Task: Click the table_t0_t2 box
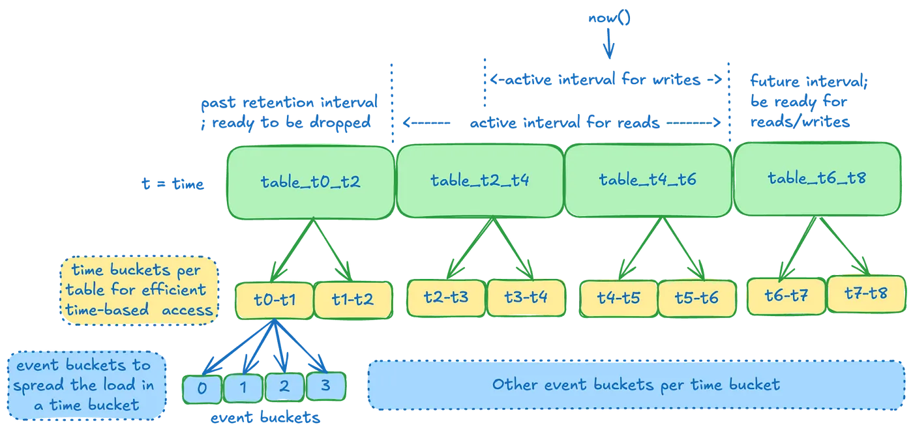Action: coord(310,182)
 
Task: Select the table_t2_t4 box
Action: coord(479,181)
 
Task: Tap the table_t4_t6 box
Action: coord(648,180)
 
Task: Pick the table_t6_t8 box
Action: coord(816,178)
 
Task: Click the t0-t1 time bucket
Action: coord(274,300)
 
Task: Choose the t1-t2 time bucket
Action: coord(353,300)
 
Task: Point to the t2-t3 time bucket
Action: coord(446,297)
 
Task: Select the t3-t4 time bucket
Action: coord(526,297)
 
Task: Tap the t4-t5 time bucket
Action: coord(619,298)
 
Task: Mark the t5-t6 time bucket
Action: coord(697,298)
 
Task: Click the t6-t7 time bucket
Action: coord(786,295)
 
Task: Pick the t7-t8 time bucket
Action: coord(866,293)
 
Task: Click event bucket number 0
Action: coord(202,389)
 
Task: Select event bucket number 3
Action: coord(325,386)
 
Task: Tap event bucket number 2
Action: coord(284,386)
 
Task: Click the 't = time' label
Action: coord(173,184)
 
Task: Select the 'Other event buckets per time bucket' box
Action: coord(636,385)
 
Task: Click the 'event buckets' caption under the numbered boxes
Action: coord(265,418)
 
